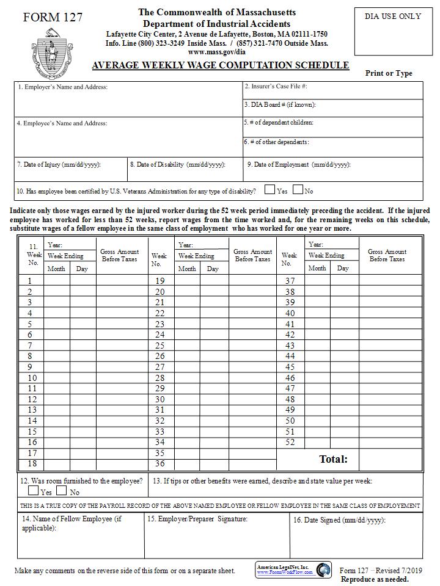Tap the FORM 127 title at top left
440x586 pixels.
coord(53,17)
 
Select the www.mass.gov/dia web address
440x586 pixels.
coord(216,52)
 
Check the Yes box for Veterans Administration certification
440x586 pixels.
coord(269,190)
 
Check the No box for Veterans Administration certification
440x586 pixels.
coord(298,190)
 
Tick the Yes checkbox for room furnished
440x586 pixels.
coord(34,490)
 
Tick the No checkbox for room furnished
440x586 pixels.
coord(62,490)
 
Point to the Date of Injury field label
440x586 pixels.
coord(59,165)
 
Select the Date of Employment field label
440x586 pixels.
coord(298,165)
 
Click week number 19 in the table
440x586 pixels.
coord(159,281)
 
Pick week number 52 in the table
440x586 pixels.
coord(290,443)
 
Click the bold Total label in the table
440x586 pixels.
coord(333,459)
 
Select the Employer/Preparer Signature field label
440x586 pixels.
coord(197,519)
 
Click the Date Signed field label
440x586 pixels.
coord(339,520)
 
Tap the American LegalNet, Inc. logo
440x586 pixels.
coord(293,570)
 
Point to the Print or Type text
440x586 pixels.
coord(389,73)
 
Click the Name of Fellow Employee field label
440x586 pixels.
coord(71,523)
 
